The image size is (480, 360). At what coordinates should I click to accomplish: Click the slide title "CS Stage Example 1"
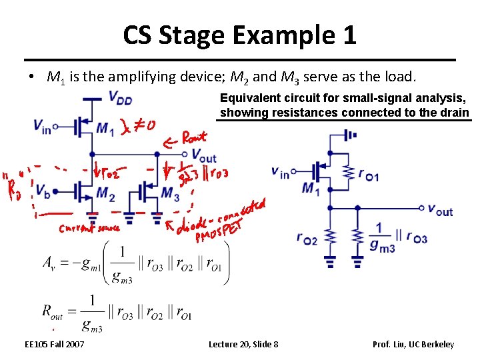click(239, 35)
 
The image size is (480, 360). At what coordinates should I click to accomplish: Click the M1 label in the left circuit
click(104, 127)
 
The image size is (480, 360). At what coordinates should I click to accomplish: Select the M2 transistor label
click(105, 194)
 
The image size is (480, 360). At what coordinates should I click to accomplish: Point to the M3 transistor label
click(171, 194)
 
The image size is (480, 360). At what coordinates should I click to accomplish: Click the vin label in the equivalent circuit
click(280, 173)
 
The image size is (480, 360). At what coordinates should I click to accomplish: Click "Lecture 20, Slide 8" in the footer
click(243, 344)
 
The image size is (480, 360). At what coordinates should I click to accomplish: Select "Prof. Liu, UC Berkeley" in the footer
click(413, 344)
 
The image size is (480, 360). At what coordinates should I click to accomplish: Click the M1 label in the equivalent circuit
click(309, 189)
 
